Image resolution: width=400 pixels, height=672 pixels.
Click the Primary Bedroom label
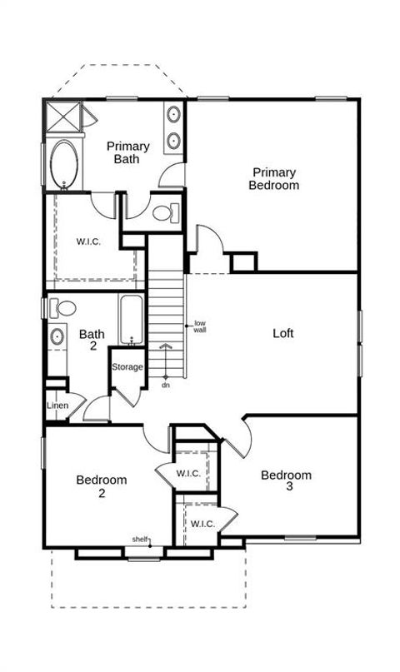point(274,179)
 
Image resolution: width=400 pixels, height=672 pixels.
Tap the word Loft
point(283,333)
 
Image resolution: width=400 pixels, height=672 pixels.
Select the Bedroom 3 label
point(287,480)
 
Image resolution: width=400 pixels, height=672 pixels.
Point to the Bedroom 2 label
point(102,486)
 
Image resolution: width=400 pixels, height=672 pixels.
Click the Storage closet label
point(127,367)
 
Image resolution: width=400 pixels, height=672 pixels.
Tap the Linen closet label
point(57,405)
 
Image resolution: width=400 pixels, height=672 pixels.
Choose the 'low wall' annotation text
point(200,326)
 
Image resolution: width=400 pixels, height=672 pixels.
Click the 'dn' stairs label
point(166,386)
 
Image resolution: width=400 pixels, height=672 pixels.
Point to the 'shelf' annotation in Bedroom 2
point(140,539)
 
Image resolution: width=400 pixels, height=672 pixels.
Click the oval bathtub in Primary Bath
point(64,165)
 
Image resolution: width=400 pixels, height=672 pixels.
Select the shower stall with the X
point(63,116)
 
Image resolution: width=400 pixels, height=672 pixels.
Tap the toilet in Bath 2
point(62,308)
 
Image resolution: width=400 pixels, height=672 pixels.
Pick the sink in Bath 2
point(57,336)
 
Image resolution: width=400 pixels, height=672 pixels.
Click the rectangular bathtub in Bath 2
point(132,320)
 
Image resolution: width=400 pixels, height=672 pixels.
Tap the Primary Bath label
point(127,152)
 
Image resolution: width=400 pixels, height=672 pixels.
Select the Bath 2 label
point(92,340)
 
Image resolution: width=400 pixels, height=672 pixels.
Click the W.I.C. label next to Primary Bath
point(88,241)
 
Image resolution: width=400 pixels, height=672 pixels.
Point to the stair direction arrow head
point(166,346)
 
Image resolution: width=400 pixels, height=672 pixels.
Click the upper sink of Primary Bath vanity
point(173,114)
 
